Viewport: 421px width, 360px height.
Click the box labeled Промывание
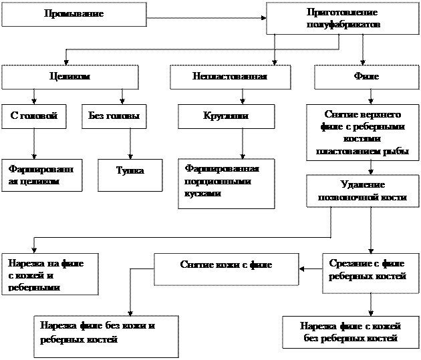(74, 14)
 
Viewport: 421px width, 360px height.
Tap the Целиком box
(69, 77)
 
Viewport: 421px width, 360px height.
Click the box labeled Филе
(366, 77)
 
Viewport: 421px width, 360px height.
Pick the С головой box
(34, 116)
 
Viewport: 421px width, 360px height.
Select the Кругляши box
(226, 116)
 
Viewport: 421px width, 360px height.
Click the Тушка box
(130, 172)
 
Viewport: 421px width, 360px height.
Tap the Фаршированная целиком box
(41, 175)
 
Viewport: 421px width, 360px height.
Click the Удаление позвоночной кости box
(362, 190)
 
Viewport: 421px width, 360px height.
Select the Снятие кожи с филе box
(226, 264)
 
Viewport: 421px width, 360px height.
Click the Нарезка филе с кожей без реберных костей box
(350, 332)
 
